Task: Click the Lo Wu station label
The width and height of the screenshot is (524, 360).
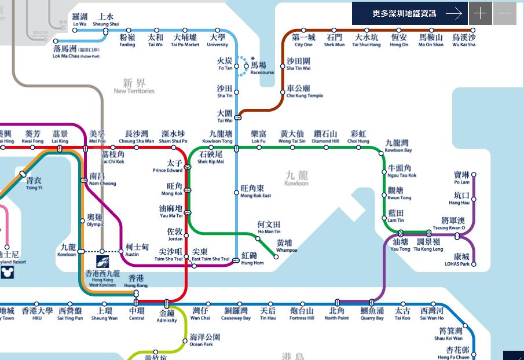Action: pyautogui.click(x=79, y=20)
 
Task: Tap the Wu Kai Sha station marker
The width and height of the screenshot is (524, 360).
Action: pyautogui.click(x=464, y=30)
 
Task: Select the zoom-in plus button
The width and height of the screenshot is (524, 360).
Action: pyautogui.click(x=480, y=13)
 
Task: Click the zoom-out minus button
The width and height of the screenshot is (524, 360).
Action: pyautogui.click(x=504, y=13)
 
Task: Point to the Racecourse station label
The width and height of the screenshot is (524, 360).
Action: pyautogui.click(x=262, y=69)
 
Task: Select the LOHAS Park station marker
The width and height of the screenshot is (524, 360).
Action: pyautogui.click(x=474, y=265)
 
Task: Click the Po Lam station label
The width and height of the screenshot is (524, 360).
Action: pyautogui.click(x=461, y=178)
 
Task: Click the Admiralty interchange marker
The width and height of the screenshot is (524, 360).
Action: pyautogui.click(x=167, y=303)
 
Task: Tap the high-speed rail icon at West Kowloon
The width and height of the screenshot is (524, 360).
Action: pyautogui.click(x=102, y=262)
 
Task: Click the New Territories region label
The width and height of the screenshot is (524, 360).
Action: pyautogui.click(x=134, y=86)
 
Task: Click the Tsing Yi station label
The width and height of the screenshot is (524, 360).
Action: pyautogui.click(x=34, y=184)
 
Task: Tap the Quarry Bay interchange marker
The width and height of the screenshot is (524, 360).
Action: pyautogui.click(x=371, y=303)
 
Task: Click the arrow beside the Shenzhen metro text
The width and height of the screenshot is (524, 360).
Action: pyautogui.click(x=454, y=13)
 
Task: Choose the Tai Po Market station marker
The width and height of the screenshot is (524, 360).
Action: pyautogui.click(x=185, y=30)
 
